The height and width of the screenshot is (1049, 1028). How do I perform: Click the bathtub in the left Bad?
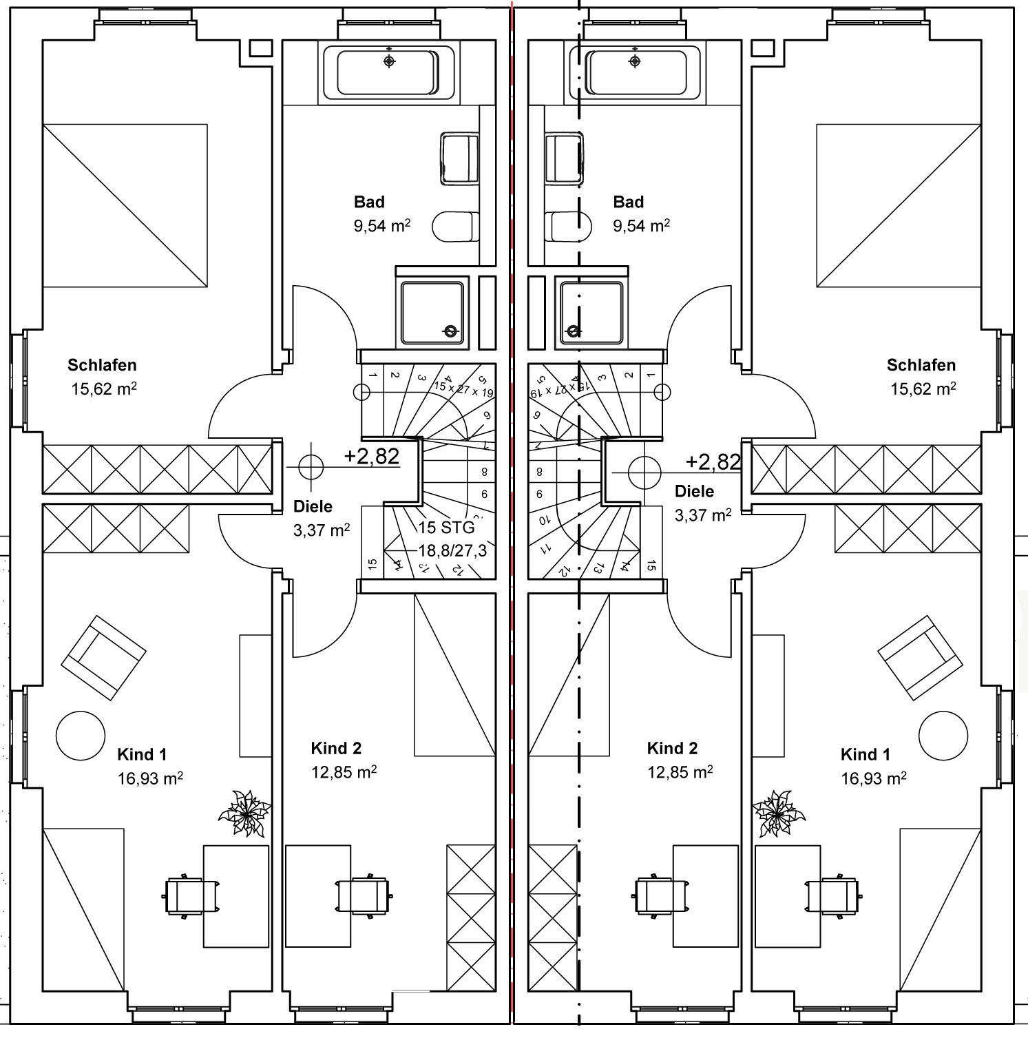coord(388,72)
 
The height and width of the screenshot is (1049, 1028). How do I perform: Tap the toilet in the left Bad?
coord(456,227)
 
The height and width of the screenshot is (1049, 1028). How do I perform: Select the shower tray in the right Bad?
coord(591,312)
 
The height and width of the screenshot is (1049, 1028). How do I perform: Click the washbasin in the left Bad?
coord(459,158)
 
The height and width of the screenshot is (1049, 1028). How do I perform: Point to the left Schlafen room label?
coord(102,365)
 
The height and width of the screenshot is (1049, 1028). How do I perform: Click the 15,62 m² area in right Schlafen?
coord(923,389)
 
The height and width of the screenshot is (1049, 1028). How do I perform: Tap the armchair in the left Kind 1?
coord(103,657)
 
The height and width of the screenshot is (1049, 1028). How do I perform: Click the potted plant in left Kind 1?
coord(244,813)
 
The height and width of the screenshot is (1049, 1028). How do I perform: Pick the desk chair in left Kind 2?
coord(362,895)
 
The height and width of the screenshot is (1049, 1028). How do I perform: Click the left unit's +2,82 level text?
coord(372,456)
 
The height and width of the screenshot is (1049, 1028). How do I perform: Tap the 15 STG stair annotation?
coord(447,528)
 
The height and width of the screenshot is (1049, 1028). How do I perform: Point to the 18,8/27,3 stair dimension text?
coord(452,550)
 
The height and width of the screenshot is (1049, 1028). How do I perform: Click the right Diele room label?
coord(694,491)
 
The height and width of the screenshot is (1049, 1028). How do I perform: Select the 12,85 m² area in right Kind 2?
coord(680,772)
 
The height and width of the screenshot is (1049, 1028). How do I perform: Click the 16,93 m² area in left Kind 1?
coord(150,778)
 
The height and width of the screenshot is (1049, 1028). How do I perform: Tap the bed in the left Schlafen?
coord(125,205)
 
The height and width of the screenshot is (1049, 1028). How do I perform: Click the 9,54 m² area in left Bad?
coord(382,226)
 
